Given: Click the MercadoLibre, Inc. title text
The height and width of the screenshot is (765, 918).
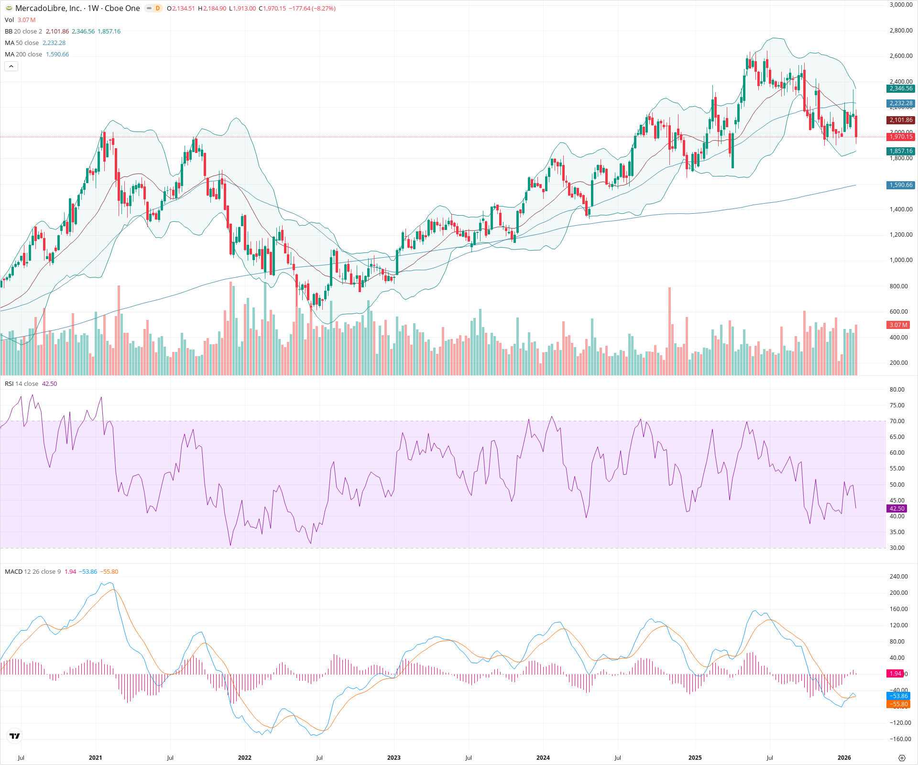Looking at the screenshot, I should [x=48, y=8].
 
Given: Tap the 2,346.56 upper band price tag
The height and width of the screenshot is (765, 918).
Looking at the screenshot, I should [x=901, y=88].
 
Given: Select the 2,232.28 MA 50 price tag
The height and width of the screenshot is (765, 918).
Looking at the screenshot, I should [x=901, y=103].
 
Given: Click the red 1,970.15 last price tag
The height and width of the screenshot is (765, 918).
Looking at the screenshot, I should [x=901, y=137].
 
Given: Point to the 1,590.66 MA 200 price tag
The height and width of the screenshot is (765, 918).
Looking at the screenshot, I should [x=901, y=185].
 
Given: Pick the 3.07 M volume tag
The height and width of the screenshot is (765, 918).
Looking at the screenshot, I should [x=898, y=325].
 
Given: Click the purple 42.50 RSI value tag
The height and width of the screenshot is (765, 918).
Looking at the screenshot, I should [x=896, y=509].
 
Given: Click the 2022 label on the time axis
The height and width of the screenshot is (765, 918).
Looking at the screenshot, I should [x=244, y=758].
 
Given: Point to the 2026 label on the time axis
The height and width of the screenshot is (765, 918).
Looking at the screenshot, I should [x=844, y=758].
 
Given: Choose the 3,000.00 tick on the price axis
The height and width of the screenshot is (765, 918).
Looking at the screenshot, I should [x=901, y=5].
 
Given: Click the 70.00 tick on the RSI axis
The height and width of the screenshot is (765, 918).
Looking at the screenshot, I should [x=896, y=421].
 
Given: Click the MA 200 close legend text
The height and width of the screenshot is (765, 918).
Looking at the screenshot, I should [x=23, y=55].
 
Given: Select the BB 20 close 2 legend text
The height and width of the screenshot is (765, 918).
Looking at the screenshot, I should [x=23, y=32].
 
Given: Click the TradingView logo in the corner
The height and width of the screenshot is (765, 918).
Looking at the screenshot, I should [x=15, y=736].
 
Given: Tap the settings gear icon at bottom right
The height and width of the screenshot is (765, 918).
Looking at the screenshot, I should [x=902, y=758].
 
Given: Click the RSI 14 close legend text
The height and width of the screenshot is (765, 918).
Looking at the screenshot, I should [x=22, y=384].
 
